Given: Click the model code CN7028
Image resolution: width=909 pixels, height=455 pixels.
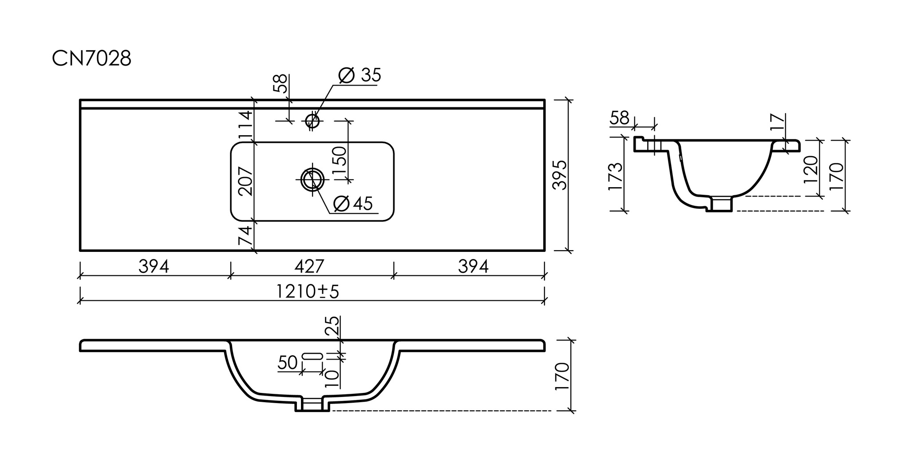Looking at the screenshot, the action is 92,59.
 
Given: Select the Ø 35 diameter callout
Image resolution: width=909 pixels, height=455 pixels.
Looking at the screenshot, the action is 360,76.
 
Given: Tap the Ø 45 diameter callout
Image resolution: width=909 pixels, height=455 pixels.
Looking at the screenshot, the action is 353,204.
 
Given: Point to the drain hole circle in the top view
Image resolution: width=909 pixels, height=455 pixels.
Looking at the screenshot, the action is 312,180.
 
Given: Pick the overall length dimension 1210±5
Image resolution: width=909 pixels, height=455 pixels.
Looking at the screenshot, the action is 307,292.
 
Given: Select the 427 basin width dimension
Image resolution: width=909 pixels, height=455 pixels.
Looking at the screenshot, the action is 309,267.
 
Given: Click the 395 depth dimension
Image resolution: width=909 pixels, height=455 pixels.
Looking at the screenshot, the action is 560,175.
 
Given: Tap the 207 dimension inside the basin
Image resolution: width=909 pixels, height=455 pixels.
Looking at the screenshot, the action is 245,181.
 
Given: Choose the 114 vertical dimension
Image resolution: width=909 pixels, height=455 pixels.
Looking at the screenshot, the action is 245,125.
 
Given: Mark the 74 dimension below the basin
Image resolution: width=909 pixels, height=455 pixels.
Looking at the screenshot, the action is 245,235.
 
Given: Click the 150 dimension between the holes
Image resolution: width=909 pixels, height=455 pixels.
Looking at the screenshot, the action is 340,162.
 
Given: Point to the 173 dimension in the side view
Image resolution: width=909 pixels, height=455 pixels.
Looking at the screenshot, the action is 616,177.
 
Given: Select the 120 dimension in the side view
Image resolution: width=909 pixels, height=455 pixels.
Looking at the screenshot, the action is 810,169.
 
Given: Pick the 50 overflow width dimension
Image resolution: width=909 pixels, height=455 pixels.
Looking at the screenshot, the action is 288,363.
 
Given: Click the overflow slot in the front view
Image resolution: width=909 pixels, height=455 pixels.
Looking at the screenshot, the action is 312,356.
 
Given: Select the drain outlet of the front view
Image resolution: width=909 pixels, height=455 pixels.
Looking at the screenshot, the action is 312,404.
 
